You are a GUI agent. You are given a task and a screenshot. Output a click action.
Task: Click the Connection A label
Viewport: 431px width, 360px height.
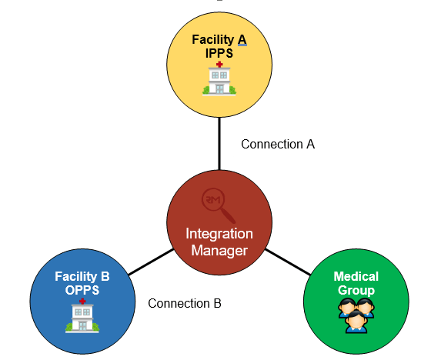pos(278,145)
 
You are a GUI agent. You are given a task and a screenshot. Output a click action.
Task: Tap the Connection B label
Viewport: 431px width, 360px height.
pos(185,303)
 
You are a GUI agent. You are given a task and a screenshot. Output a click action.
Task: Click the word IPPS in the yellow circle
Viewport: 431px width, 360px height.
pos(219,53)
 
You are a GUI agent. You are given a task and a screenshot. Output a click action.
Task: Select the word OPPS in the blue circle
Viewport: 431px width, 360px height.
pos(82,290)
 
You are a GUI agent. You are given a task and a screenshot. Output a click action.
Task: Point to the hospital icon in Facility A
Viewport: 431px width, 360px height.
pos(219,79)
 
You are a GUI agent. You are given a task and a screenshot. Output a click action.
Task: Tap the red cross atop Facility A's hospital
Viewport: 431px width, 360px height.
pos(219,65)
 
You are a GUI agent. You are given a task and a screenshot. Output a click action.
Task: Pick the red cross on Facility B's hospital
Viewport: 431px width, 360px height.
pos(82,302)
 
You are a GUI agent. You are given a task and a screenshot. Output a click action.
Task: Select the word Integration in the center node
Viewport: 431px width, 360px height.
pos(219,234)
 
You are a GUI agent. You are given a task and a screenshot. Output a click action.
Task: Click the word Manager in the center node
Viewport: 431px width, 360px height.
pos(219,251)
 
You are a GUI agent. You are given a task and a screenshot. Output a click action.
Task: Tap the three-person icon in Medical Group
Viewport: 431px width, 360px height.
pos(356,315)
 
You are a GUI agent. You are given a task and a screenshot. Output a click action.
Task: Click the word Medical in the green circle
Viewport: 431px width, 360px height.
pos(356,276)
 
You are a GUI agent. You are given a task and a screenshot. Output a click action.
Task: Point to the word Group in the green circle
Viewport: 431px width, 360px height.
pos(356,290)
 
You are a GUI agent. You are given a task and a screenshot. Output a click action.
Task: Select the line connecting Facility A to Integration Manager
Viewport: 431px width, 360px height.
pos(219,144)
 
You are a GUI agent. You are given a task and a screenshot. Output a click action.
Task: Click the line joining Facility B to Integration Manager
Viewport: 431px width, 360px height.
pos(151,262)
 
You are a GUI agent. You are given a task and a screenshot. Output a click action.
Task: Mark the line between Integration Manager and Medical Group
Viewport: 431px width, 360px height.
pos(288,262)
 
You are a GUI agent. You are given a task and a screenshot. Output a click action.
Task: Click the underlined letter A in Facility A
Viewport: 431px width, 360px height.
pos(242,40)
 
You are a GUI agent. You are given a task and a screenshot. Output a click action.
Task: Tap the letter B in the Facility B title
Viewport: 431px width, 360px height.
pos(105,276)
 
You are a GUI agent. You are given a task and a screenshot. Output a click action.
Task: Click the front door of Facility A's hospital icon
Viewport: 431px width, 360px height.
pos(219,89)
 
